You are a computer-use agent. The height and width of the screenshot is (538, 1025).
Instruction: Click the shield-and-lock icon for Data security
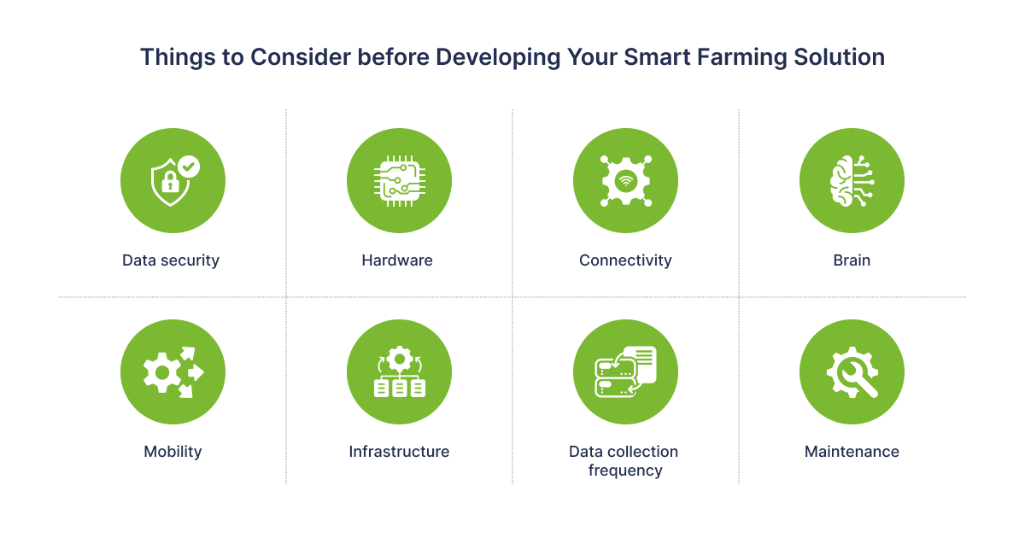point(174,181)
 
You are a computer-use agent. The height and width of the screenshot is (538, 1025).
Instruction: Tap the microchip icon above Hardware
point(400,181)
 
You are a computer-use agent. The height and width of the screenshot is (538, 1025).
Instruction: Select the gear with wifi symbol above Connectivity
point(625,181)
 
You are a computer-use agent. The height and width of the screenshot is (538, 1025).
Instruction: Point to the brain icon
point(852,181)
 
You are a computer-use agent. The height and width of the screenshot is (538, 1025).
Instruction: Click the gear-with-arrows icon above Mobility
point(173,372)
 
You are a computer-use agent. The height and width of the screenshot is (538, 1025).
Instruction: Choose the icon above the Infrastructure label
point(400,372)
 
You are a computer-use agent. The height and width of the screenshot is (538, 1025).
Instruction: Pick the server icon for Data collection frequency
point(625,372)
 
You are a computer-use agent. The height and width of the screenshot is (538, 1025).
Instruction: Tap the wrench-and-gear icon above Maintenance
point(852,372)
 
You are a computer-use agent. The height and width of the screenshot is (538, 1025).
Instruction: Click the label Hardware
point(397,260)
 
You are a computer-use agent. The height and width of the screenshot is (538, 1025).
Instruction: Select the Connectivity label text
point(625,260)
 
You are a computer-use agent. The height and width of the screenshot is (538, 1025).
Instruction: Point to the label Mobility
point(173,452)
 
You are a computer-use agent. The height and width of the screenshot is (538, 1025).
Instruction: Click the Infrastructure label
point(399,452)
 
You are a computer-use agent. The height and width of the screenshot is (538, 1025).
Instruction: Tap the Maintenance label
point(852,452)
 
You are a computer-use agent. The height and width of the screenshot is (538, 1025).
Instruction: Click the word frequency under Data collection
point(625,471)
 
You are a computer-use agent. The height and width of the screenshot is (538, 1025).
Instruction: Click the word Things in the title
point(178,58)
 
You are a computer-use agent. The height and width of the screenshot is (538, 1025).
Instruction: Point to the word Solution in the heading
point(839,57)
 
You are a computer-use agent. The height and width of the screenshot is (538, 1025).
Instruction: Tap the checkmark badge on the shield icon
point(189,167)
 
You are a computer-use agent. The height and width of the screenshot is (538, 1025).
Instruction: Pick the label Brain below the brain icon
point(852,260)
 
